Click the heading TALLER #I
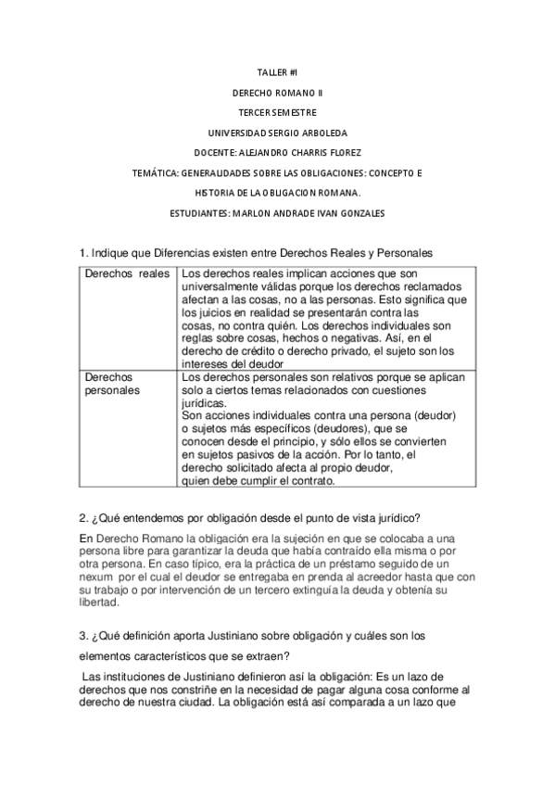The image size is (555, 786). tap(277, 71)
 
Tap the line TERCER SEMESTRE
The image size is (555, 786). tap(277, 112)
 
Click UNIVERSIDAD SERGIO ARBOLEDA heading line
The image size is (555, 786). tap(277, 133)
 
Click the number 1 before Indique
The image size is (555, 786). tap(82, 253)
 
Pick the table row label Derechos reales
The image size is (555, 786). tap(127, 274)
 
